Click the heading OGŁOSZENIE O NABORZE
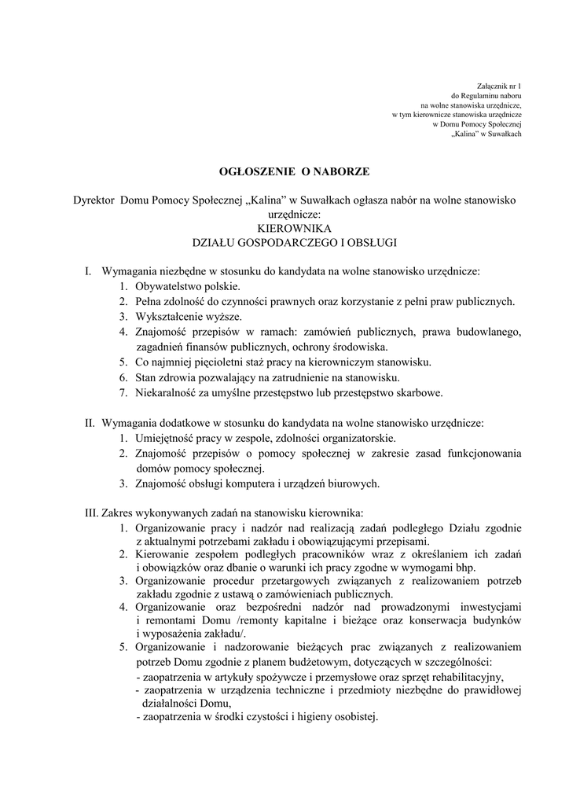click(284, 170)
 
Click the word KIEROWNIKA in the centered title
click(284, 226)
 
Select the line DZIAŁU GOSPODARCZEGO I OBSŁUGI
click(284, 241)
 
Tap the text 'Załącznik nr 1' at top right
click(500, 84)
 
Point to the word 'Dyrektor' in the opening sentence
click(94, 200)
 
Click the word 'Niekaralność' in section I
click(166, 391)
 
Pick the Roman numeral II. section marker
click(90, 422)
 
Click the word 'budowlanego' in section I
click(488, 332)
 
